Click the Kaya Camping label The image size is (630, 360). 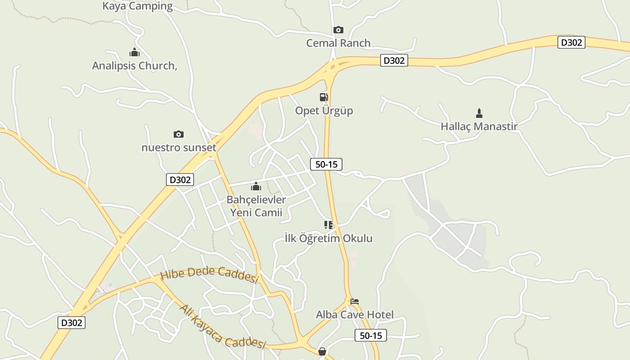[137, 6]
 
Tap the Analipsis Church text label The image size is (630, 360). [135, 66]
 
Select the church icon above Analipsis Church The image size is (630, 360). [134, 52]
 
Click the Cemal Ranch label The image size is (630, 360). [338, 43]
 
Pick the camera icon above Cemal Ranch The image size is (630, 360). [338, 30]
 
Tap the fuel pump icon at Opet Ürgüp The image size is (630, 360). [324, 97]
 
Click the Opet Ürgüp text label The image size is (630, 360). [324, 111]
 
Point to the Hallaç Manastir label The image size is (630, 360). [479, 126]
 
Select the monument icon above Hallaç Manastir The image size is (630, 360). [479, 113]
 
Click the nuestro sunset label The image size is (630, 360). [179, 148]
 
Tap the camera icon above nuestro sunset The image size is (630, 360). [179, 134]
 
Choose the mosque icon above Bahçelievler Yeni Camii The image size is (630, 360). [256, 186]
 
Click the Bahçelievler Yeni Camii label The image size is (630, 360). [256, 206]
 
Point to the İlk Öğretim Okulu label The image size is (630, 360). [329, 238]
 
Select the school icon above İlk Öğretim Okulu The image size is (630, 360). [328, 225]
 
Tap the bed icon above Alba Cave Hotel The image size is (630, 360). [355, 301]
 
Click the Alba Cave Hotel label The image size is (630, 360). [355, 315]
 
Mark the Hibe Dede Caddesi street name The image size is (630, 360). [209, 274]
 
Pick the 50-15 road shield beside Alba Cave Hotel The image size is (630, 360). [370, 335]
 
